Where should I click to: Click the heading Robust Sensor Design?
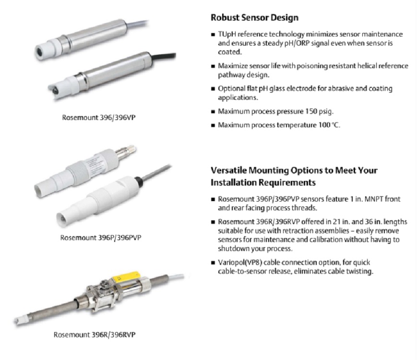[254, 18]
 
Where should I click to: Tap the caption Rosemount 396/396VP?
[99, 118]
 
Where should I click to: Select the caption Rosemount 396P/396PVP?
[100, 238]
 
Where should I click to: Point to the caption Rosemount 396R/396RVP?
[95, 335]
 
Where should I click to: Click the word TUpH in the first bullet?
[227, 35]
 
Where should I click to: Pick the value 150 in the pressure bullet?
[311, 111]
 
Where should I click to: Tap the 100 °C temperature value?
[329, 125]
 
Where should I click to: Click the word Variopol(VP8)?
[240, 263]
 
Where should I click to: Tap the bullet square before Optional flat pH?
[213, 89]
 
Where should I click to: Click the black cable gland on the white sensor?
[138, 180]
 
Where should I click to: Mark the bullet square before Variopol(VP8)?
[213, 263]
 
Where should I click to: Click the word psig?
[326, 111]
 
